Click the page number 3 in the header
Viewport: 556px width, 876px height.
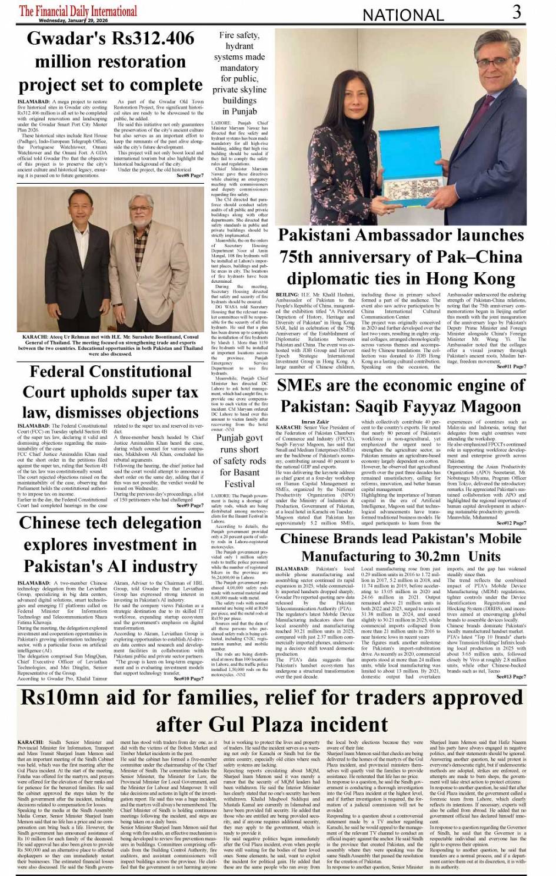click(516, 12)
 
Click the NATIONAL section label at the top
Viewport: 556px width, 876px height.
click(404, 15)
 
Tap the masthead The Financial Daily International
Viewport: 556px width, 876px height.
click(78, 10)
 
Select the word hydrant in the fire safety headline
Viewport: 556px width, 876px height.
click(239, 46)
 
